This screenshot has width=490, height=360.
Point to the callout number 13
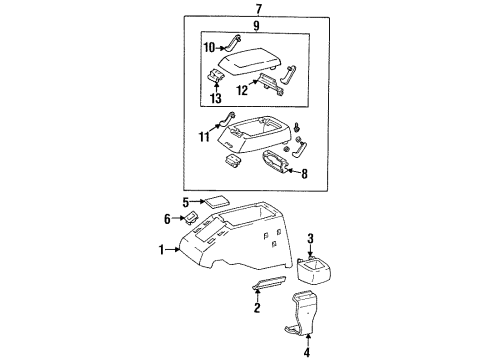tap(217, 98)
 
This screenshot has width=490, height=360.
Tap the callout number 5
tap(186, 204)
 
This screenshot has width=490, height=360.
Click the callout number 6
tap(167, 219)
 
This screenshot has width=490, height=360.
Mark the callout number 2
tap(257, 309)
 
